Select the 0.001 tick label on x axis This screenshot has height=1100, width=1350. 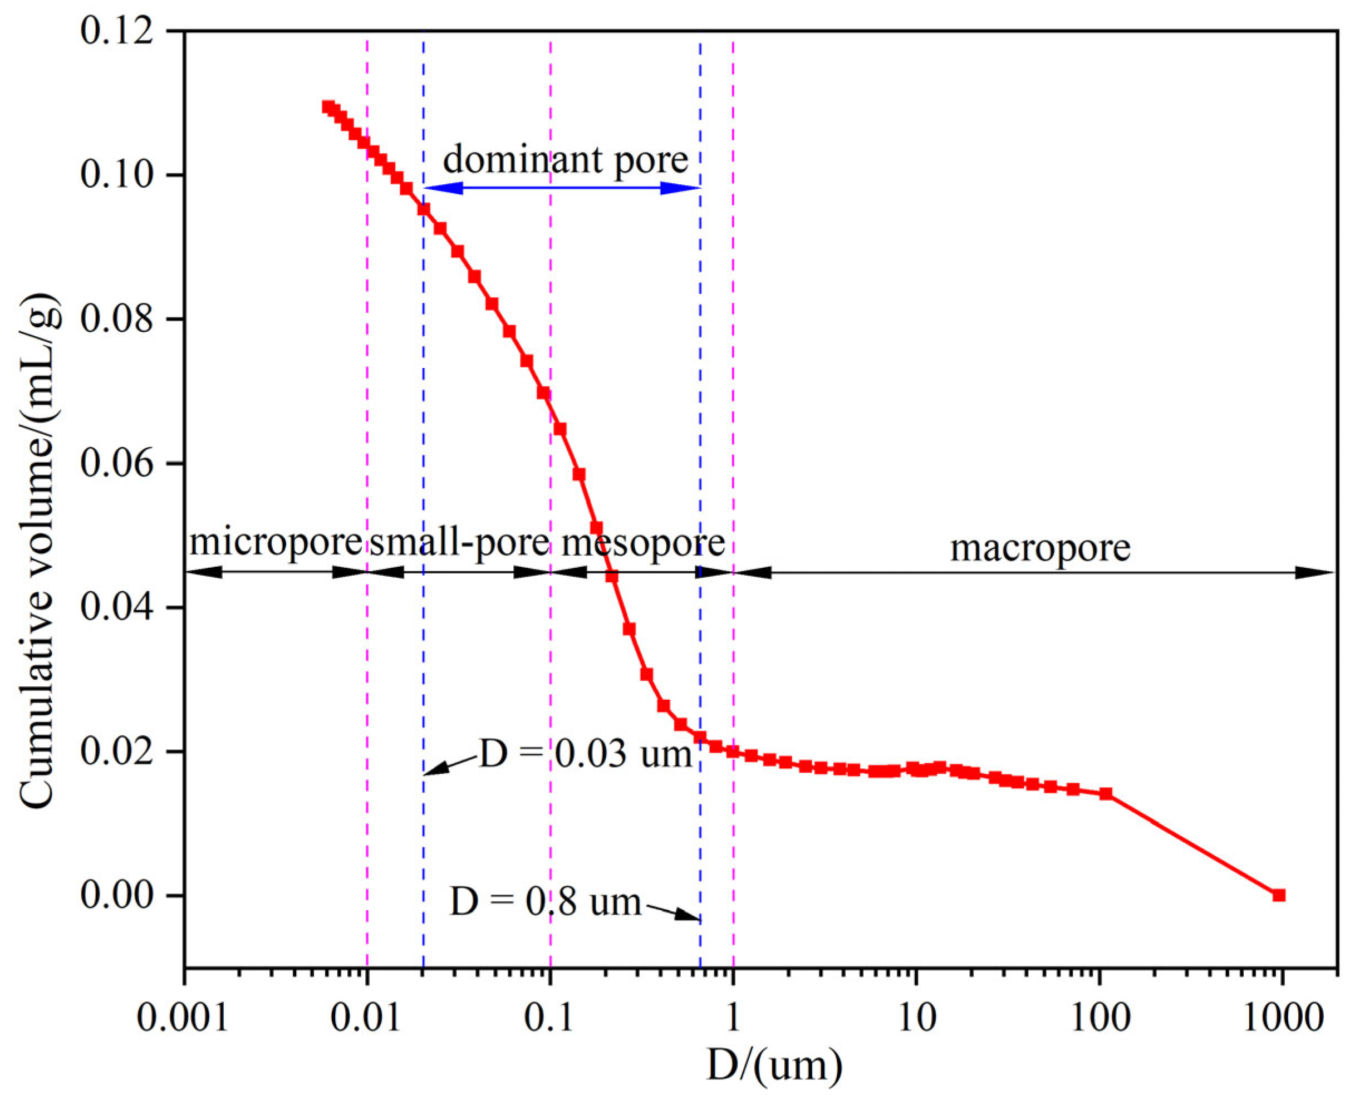pyautogui.click(x=183, y=1018)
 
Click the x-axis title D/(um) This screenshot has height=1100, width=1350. pyautogui.click(x=774, y=1065)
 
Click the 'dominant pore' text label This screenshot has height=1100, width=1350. pyautogui.click(x=565, y=159)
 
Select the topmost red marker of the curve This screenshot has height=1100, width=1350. pyautogui.click(x=328, y=106)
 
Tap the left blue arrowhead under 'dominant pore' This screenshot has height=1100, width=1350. pyautogui.click(x=442, y=188)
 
